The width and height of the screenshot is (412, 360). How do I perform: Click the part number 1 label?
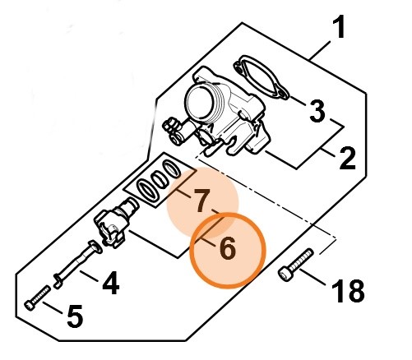coord(339,27)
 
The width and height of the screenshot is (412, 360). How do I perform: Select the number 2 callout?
coord(347,159)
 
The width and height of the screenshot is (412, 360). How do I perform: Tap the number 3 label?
coord(317,111)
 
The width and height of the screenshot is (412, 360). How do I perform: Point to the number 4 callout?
coord(111,283)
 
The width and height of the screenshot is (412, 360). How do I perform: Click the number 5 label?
coord(75,316)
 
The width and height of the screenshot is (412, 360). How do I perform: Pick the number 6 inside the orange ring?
coord(227,248)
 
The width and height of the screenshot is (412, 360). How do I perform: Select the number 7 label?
coord(201,201)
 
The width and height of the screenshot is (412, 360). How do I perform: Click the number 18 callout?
coord(348,291)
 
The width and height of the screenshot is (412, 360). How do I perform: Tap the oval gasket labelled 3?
coord(261,77)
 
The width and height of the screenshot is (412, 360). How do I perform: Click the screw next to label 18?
coord(296,265)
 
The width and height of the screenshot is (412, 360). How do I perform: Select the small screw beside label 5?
coord(37,298)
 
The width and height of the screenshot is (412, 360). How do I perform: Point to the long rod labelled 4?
coord(78,265)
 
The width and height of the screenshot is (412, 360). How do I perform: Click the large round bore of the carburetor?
coord(200,101)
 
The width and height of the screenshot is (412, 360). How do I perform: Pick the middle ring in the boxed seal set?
coord(160,180)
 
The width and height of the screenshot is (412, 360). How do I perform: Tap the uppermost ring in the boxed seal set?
coord(172,168)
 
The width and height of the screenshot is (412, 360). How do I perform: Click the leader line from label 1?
coord(319,50)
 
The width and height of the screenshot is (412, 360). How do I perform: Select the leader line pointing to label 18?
coord(312,277)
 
